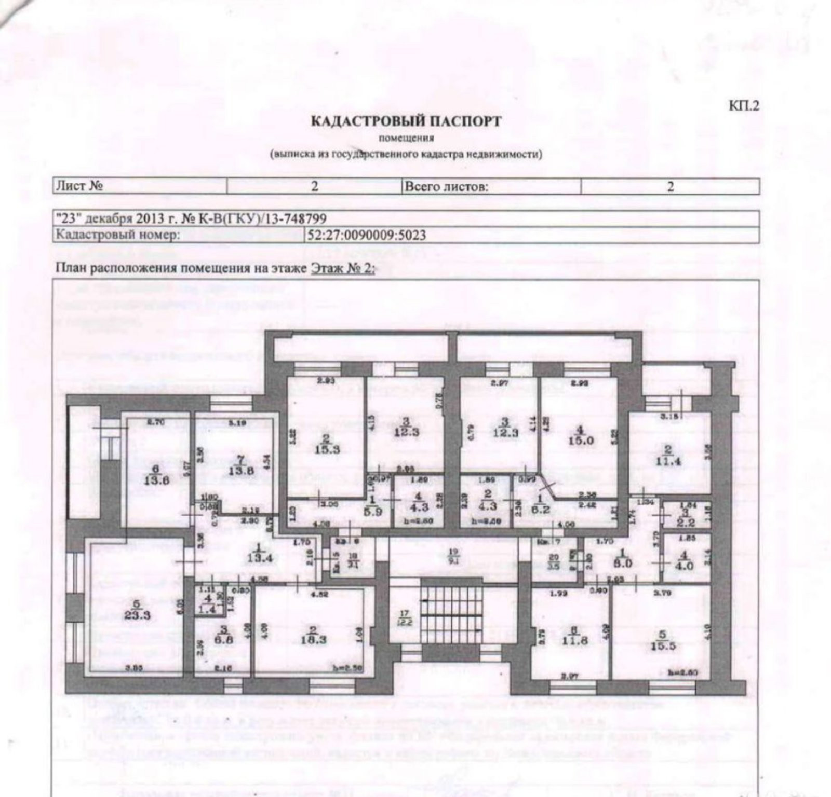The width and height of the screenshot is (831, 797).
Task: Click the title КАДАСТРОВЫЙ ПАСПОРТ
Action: [406, 121]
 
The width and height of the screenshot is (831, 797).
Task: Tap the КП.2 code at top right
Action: [744, 106]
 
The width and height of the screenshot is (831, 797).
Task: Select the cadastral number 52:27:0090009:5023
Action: [367, 235]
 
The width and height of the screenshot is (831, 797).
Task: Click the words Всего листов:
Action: [446, 186]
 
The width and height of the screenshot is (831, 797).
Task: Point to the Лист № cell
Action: [79, 186]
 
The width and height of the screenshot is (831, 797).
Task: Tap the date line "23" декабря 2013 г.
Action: [191, 219]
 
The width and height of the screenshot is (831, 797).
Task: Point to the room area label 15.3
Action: [327, 449]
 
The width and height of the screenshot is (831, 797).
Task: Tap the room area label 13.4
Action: [260, 558]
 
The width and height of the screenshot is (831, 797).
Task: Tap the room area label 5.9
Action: [372, 510]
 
